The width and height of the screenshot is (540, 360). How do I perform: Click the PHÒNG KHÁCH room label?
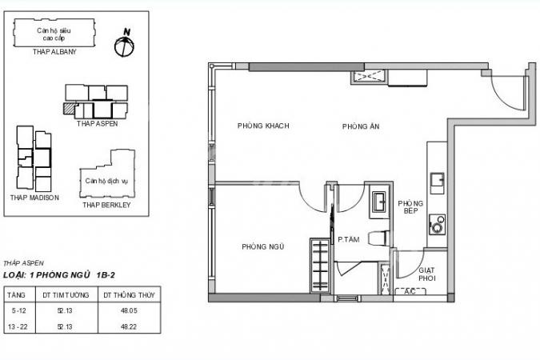263,126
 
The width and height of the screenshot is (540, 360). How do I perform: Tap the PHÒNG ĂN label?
361,126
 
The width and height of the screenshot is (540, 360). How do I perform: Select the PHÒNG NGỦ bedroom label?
262,246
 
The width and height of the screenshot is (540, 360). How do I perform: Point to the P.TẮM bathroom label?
349,239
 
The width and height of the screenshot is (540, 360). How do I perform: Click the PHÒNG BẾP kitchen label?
410,206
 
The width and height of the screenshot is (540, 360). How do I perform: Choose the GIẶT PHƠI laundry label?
426,274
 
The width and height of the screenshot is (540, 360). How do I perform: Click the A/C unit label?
410,292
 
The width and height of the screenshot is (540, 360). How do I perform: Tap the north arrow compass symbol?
124,43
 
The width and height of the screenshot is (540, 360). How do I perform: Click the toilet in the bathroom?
379,238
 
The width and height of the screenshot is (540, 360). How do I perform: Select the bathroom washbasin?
379,201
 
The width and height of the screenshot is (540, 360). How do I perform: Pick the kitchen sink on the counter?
437,179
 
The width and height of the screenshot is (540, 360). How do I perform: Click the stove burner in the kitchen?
437,225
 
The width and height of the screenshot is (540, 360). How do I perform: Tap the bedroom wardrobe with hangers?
320,266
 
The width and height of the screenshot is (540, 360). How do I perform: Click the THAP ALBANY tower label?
54,52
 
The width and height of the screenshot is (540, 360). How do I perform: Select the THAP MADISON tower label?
34,198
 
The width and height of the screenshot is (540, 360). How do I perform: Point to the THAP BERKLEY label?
106,205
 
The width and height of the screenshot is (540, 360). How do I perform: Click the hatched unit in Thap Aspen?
70,108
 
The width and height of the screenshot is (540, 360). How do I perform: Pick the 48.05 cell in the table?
129,310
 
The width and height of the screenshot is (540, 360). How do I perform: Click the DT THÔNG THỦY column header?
129,295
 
